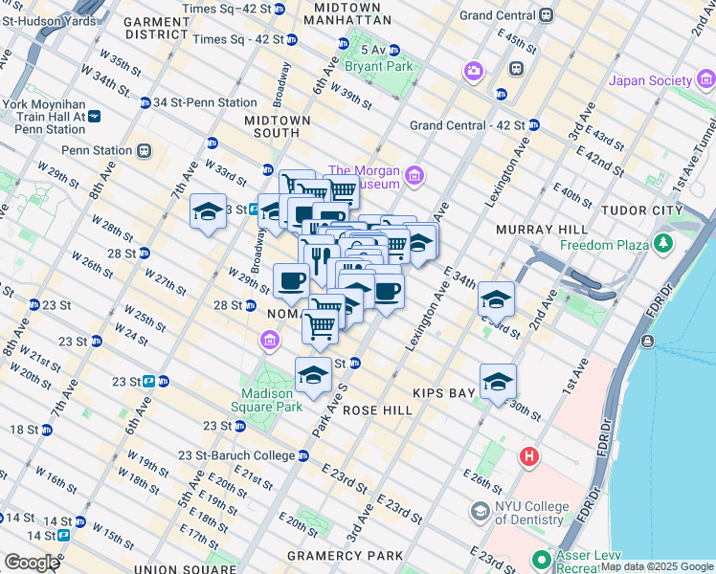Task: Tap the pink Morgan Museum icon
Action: click(414, 174)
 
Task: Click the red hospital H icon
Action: click(528, 457)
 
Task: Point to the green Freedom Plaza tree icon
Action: click(662, 245)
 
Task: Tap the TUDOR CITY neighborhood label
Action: click(641, 210)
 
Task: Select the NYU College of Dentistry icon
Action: click(479, 512)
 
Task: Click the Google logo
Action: click(32, 563)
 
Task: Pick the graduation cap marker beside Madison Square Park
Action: click(313, 376)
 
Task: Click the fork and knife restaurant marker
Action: click(319, 256)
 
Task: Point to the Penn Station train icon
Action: click(145, 150)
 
